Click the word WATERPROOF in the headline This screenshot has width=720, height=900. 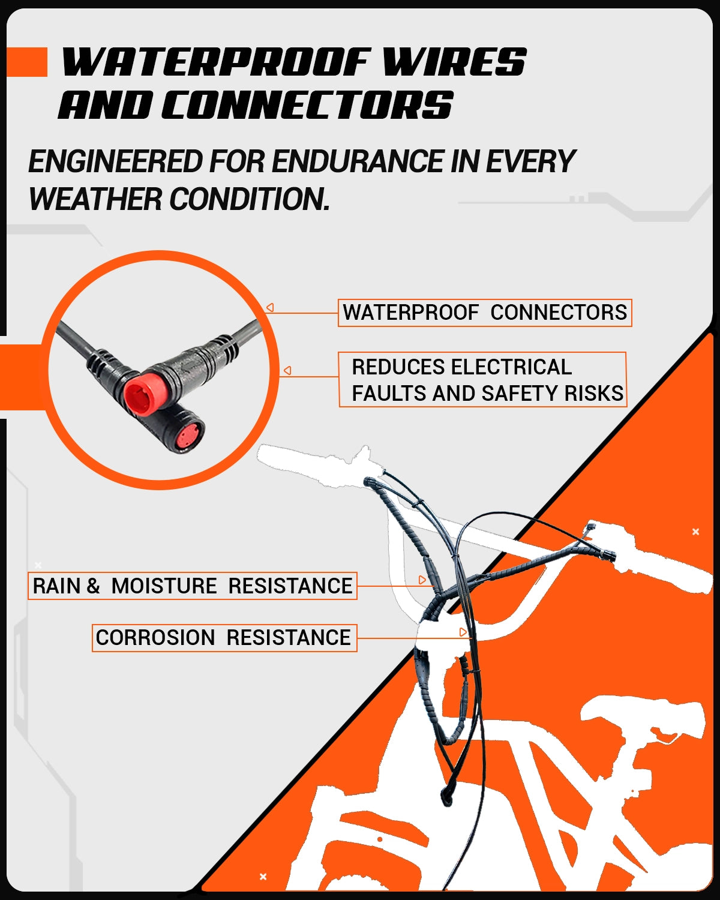(216, 62)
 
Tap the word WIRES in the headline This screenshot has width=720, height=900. (454, 62)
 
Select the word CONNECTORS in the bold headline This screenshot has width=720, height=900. (307, 105)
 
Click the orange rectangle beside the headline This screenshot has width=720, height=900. (26, 62)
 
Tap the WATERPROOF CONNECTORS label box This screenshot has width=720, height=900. (484, 313)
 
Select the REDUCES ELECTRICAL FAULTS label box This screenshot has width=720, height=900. (482, 380)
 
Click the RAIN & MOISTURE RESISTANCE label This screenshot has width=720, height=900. (192, 586)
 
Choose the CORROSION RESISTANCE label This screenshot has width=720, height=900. (224, 637)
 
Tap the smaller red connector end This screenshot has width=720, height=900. (187, 435)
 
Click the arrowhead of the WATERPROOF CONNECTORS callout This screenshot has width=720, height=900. (270, 308)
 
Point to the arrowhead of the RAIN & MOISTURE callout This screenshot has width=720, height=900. (422, 580)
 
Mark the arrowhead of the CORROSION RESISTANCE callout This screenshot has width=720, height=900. (463, 632)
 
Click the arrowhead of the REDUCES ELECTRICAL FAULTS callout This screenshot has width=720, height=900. (287, 371)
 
